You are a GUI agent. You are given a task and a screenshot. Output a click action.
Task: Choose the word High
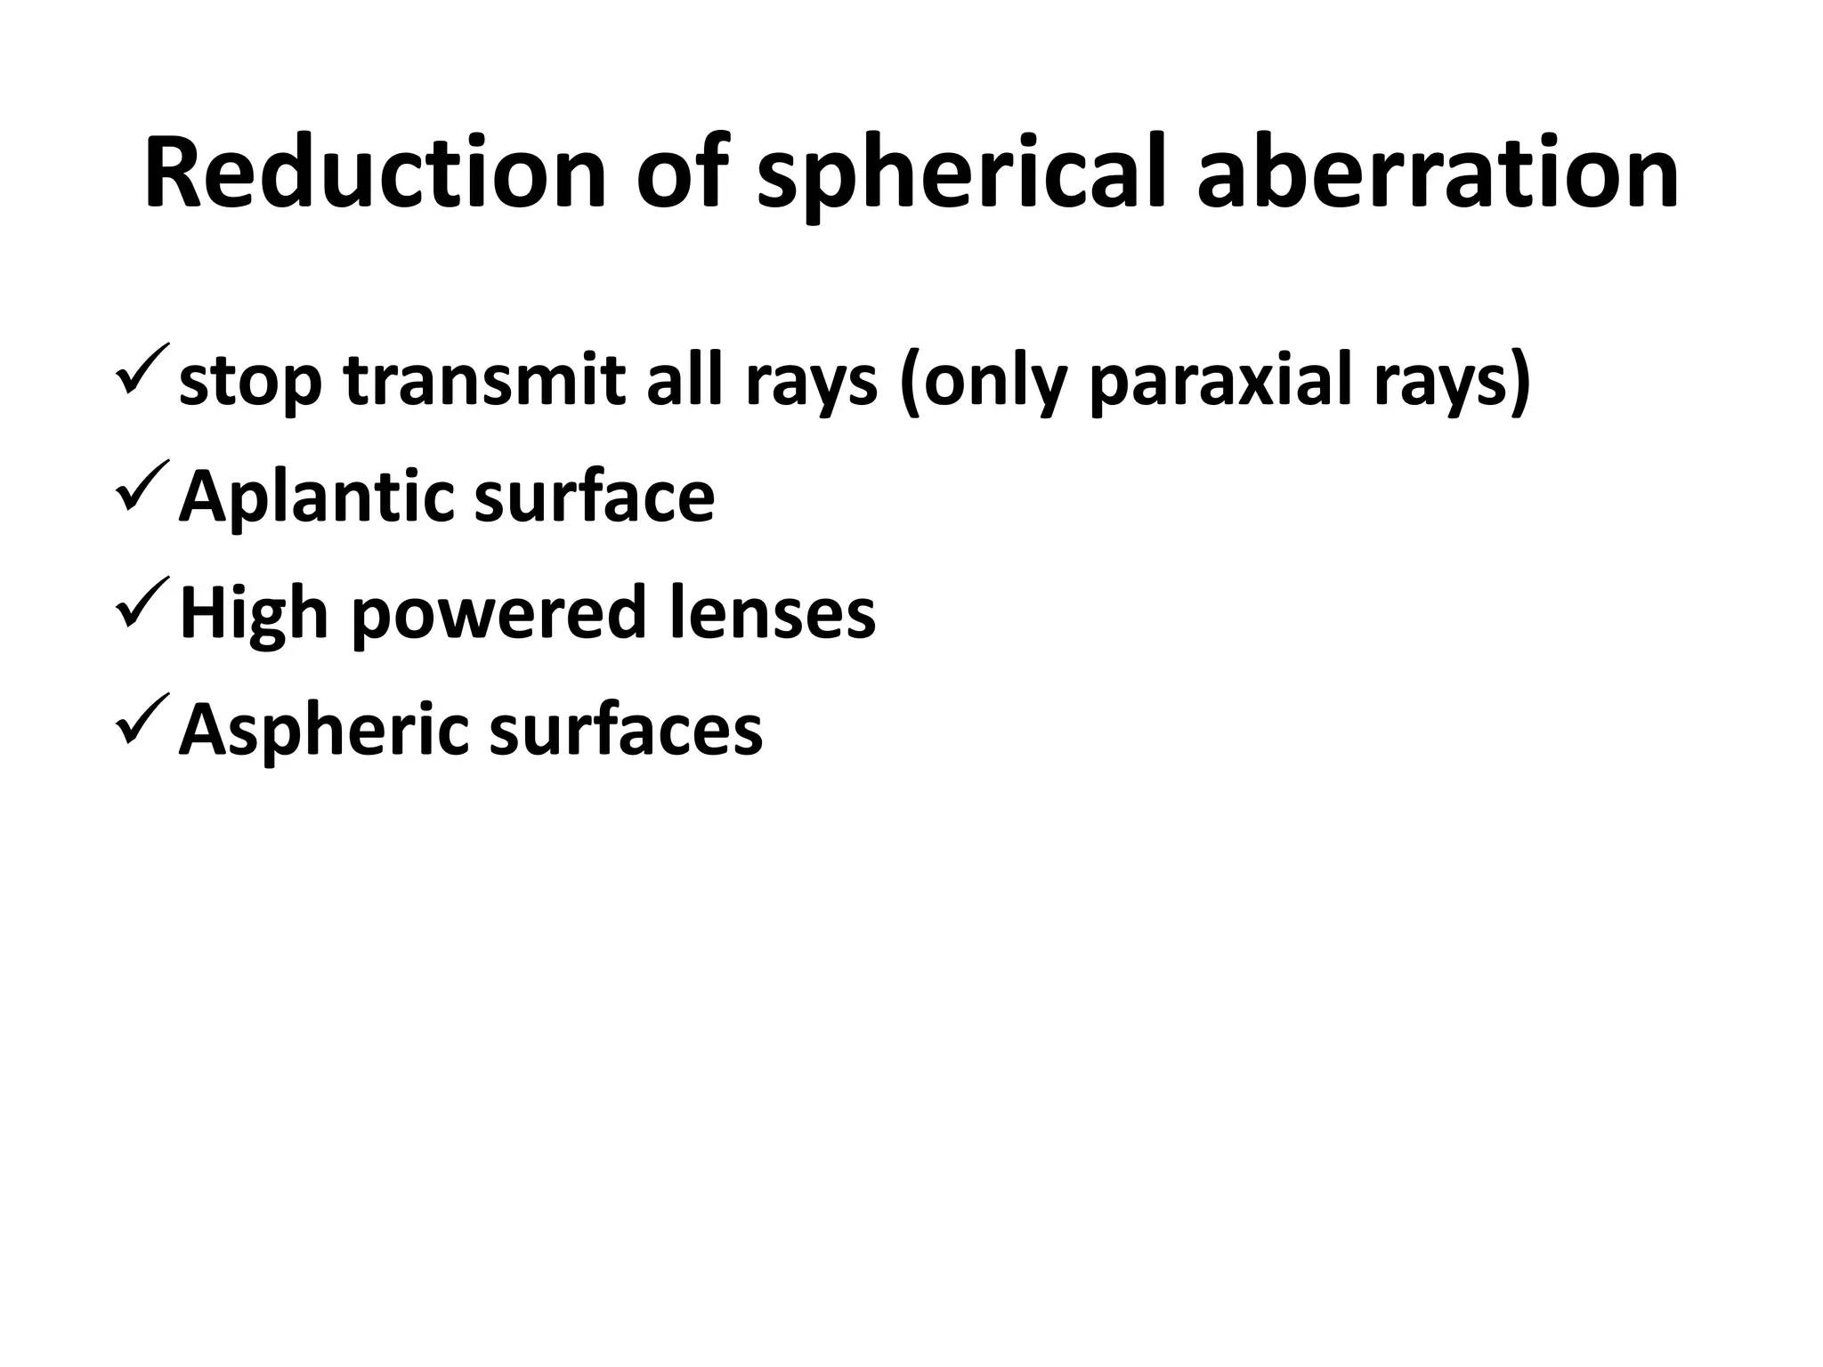[254, 614]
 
